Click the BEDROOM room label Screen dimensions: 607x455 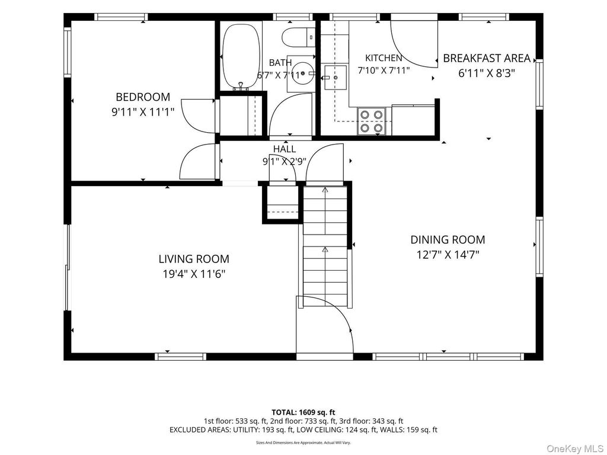pyautogui.click(x=143, y=97)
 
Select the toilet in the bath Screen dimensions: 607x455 pyautogui.click(x=299, y=37)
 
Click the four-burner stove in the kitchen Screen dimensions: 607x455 pyautogui.click(x=371, y=121)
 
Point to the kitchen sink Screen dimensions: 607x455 pyautogui.click(x=336, y=78)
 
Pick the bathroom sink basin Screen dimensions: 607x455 pyautogui.click(x=301, y=73)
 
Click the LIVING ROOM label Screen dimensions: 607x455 pyautogui.click(x=194, y=258)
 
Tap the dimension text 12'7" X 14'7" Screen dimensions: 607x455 pyautogui.click(x=448, y=255)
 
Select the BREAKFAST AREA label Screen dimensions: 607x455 pyautogui.click(x=487, y=58)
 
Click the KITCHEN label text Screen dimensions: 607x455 pyautogui.click(x=384, y=58)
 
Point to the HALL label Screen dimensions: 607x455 pyautogui.click(x=285, y=149)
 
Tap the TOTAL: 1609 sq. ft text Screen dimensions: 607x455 pyautogui.click(x=303, y=412)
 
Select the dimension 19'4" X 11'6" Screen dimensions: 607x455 pyautogui.click(x=194, y=274)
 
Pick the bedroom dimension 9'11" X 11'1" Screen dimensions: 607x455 pyautogui.click(x=143, y=112)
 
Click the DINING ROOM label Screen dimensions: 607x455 pyautogui.click(x=448, y=239)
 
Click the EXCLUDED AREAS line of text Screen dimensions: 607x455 pyautogui.click(x=303, y=430)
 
